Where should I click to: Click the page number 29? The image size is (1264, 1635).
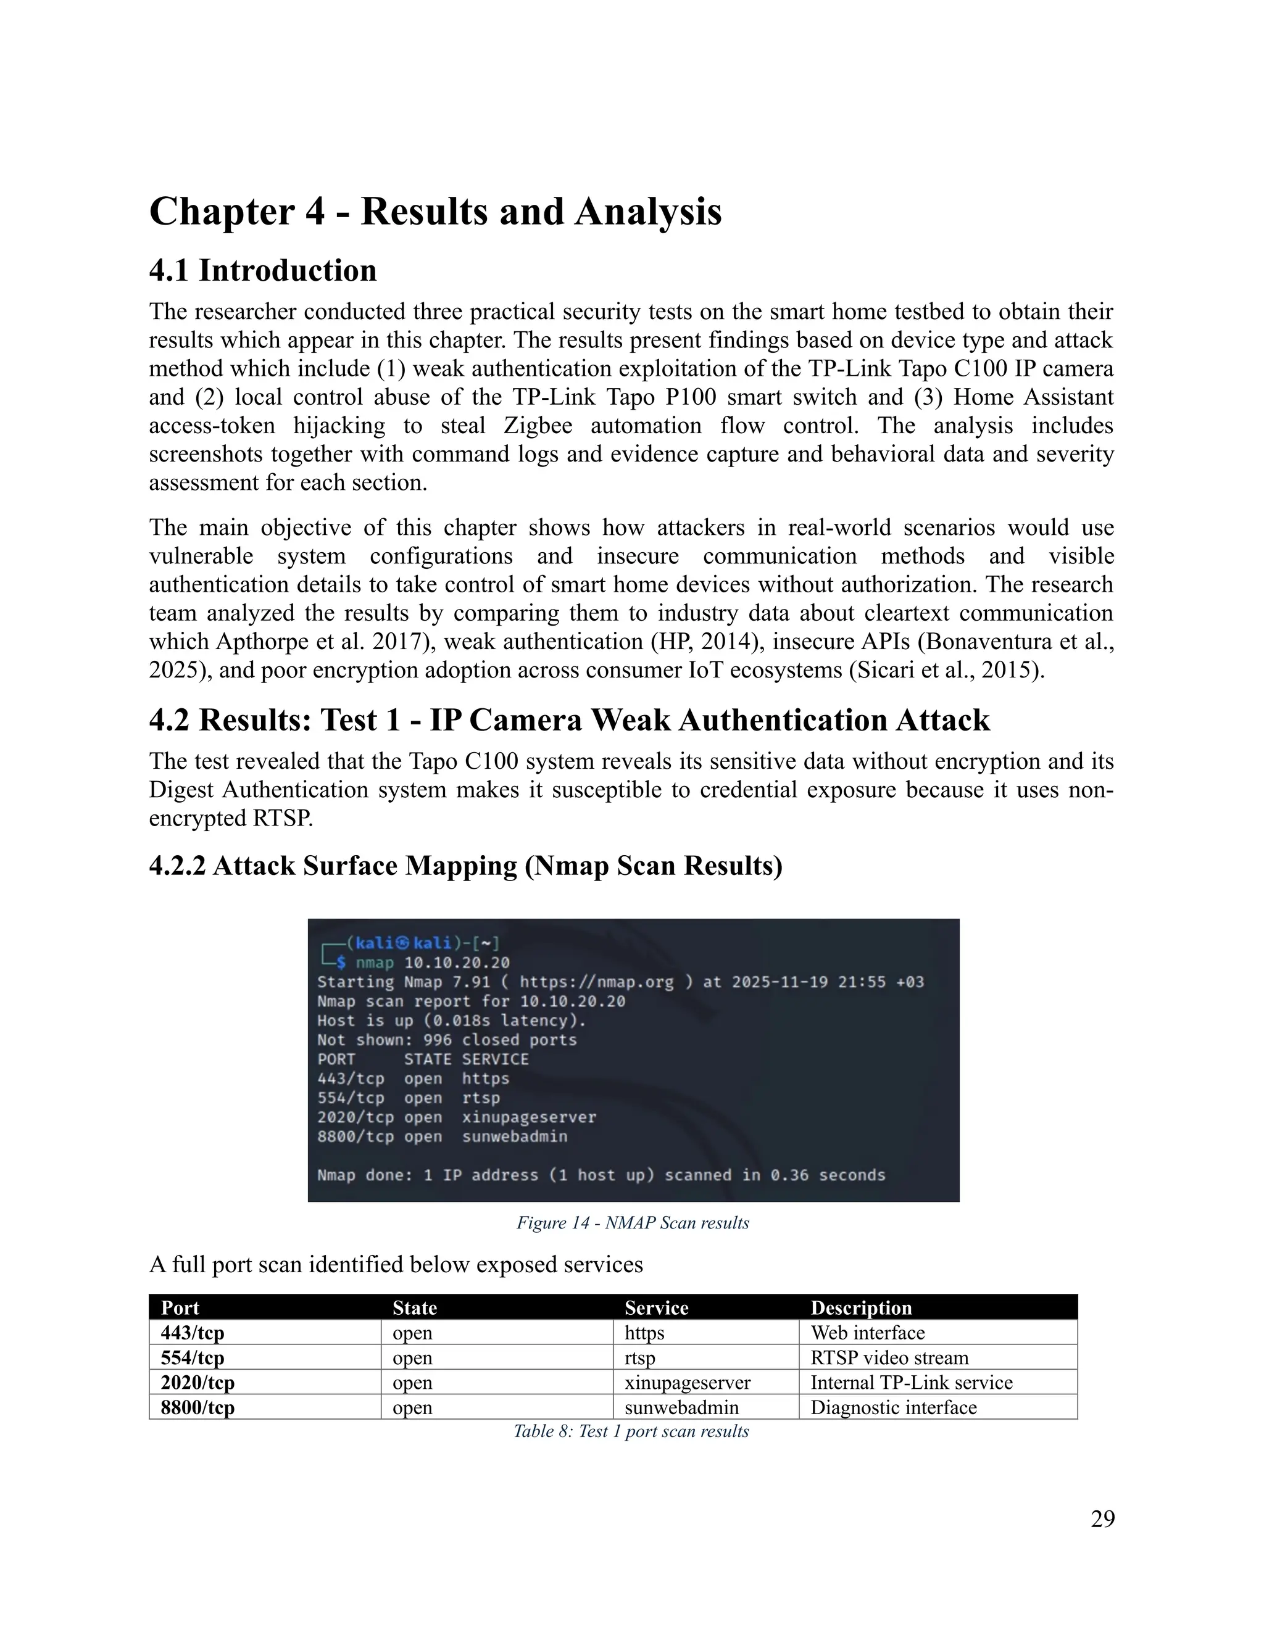[x=1102, y=1518]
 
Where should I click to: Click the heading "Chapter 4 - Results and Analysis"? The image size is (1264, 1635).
[x=435, y=211]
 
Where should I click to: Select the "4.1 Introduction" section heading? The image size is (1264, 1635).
[x=263, y=270]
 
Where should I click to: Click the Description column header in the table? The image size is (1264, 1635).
[x=861, y=1307]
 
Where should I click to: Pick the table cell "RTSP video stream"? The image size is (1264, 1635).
[x=889, y=1357]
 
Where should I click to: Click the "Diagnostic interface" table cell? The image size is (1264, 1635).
[x=893, y=1407]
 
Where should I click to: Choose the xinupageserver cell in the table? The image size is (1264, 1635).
[x=688, y=1382]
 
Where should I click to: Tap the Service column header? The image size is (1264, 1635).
[x=656, y=1307]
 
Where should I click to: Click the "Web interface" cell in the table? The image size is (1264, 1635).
[x=867, y=1333]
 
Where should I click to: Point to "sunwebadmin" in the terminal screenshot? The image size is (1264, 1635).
[x=515, y=1136]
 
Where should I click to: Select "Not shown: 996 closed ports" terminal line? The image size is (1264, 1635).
[x=447, y=1040]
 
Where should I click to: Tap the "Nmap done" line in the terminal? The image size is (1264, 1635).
[x=601, y=1175]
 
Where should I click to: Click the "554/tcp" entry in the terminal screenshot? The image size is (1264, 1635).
[x=351, y=1098]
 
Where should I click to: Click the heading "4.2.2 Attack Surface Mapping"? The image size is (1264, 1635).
[x=465, y=866]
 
